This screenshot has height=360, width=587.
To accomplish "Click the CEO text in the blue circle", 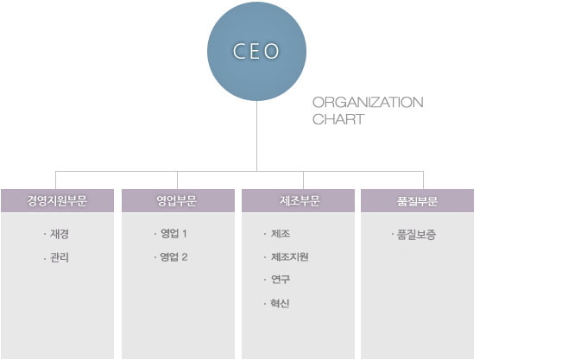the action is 256,51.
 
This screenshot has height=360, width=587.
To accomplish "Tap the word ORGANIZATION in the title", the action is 368,102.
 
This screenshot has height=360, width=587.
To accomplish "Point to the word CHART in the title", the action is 338,119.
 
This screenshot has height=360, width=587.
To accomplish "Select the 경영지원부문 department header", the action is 57,201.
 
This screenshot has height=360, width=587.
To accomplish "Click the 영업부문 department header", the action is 178,201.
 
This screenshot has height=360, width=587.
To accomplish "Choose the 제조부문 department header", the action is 298,201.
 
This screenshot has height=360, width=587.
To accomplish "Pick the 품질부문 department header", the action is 418,201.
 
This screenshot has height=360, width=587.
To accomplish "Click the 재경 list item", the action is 60,234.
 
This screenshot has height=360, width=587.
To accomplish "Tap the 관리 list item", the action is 60,257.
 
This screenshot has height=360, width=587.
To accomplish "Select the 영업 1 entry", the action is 174,234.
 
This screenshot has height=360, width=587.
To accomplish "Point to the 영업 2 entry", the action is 174,257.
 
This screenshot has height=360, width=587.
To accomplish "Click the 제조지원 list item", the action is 290,256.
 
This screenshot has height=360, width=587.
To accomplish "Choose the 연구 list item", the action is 281,280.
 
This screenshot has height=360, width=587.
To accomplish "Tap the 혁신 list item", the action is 280,303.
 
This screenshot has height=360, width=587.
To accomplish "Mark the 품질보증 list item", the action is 416,235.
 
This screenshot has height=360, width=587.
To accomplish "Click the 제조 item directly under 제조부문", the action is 281,234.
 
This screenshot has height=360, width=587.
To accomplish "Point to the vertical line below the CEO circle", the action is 257,136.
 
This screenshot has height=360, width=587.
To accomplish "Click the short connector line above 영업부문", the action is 178,180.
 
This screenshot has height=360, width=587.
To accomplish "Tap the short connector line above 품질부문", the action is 423,180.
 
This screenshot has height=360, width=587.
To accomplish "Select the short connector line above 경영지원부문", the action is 56,180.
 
